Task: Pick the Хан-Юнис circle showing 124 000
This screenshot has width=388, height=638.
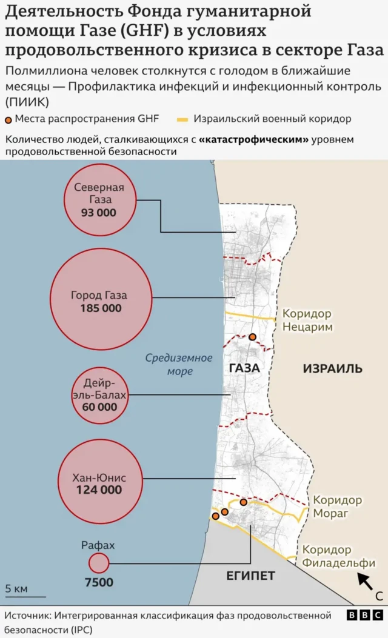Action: [99, 483]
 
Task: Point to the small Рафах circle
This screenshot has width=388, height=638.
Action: [99, 563]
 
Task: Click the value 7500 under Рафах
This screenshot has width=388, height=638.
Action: [99, 583]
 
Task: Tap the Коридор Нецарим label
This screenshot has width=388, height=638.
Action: [307, 321]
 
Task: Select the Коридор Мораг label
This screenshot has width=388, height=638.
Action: [337, 507]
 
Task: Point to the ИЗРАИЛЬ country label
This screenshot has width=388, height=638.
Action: [332, 368]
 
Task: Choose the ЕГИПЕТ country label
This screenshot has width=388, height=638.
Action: [250, 576]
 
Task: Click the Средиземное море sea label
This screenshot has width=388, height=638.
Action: [179, 364]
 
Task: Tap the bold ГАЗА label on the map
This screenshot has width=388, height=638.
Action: [244, 368]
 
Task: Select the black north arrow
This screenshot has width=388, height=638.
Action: [365, 580]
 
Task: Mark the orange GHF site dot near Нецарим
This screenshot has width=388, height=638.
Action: [252, 337]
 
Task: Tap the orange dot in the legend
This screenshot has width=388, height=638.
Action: [8, 119]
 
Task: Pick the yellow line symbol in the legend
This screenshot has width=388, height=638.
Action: [183, 119]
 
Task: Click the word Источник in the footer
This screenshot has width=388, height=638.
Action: [28, 616]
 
